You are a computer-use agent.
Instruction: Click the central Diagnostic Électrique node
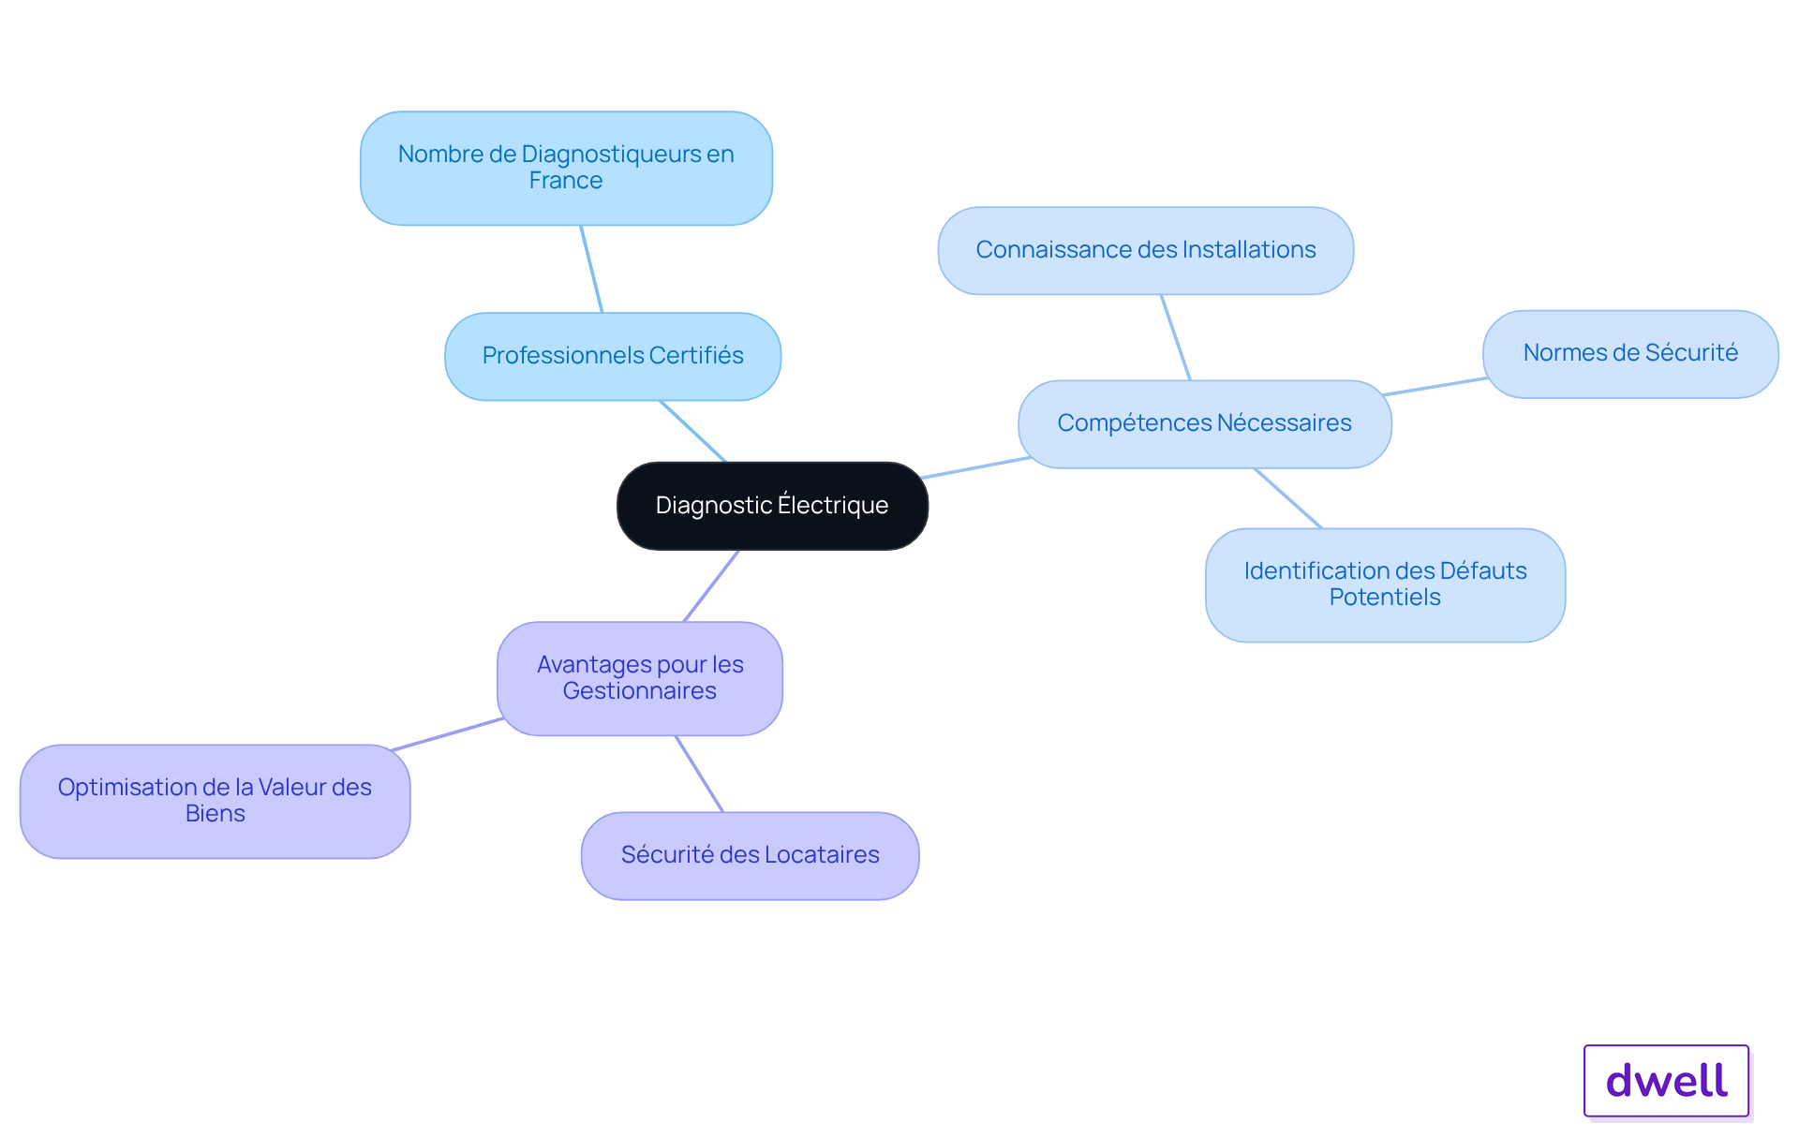(772, 506)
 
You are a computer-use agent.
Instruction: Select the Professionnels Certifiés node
(613, 356)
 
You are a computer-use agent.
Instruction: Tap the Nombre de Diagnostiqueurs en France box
(566, 169)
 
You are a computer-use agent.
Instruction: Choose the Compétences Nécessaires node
(1205, 423)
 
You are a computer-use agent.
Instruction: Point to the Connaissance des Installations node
(1146, 250)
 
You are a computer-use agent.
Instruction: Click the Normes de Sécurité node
(1630, 354)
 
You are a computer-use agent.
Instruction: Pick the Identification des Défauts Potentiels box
(1385, 584)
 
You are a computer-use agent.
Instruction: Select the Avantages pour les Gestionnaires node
(640, 678)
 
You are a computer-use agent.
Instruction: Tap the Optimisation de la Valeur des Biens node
(215, 801)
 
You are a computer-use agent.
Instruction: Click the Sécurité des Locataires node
(750, 855)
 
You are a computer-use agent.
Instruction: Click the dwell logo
(1666, 1081)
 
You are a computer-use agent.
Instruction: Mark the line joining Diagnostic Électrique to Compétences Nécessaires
(975, 467)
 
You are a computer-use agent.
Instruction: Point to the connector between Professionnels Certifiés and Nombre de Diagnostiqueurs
(591, 269)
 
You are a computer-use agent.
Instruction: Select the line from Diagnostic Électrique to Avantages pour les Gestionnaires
(711, 586)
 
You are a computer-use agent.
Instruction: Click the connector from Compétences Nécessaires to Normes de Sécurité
(1435, 387)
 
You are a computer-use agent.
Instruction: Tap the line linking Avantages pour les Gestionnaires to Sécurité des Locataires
(699, 774)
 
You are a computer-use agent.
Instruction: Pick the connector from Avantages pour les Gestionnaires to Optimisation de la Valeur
(447, 734)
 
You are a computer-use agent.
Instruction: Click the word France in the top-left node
(566, 181)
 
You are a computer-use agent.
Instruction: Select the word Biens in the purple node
(215, 814)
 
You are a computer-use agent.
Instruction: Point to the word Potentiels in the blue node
(1385, 598)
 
